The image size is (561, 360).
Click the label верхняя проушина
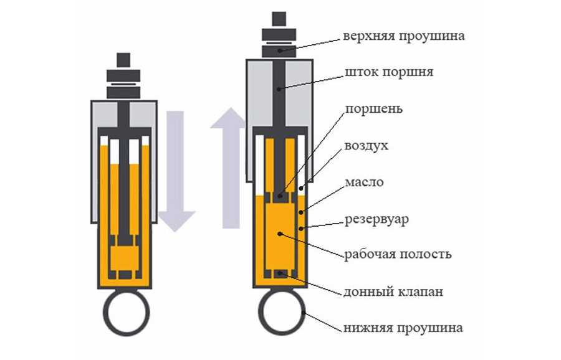point(403,36)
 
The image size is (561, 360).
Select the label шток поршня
point(388,73)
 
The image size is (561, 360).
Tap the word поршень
point(373,109)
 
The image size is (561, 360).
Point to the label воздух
point(366,146)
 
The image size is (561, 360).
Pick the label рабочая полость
point(398,254)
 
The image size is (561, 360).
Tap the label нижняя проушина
point(403,327)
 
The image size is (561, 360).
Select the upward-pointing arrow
point(228,168)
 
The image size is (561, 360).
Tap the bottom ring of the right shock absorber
point(280,315)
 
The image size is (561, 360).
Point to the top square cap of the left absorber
point(123,60)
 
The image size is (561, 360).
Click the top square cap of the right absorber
point(279,19)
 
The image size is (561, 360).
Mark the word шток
point(360,73)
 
